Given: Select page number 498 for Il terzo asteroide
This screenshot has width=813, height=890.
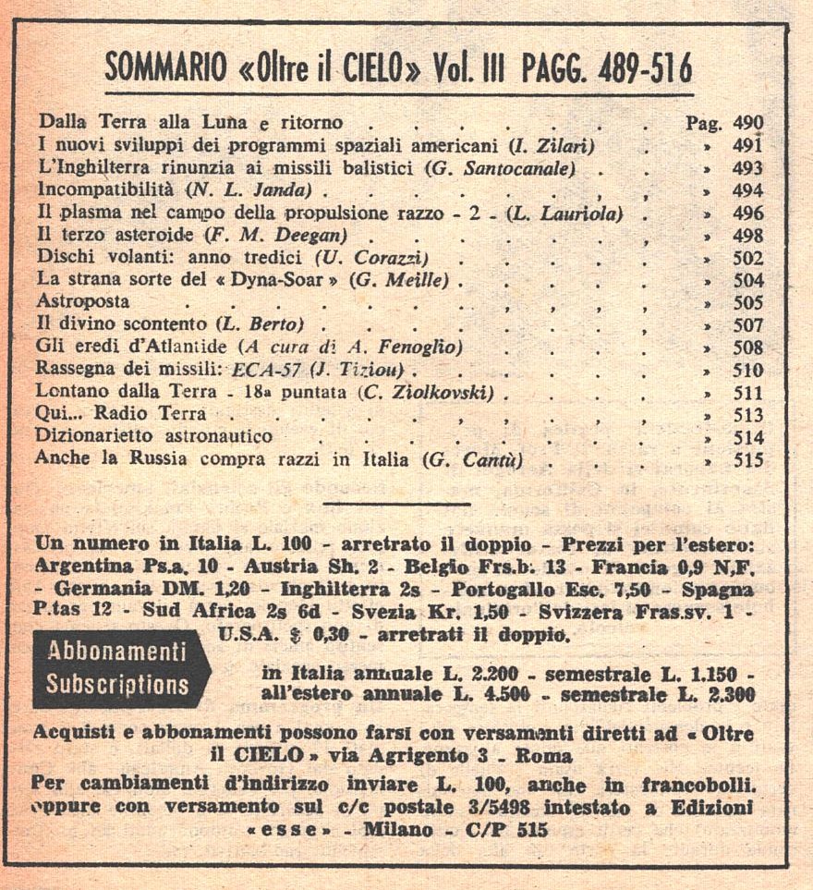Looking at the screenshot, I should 747,236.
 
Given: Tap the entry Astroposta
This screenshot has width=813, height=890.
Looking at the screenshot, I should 82,302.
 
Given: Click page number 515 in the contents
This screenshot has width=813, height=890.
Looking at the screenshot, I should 747,460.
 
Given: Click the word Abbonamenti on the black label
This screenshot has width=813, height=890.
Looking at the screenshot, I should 116,652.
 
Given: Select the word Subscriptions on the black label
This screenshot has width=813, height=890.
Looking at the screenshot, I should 117,685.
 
